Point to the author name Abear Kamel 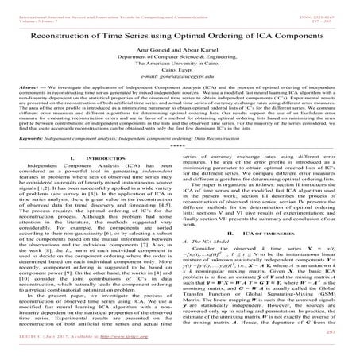pos(201,51)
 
